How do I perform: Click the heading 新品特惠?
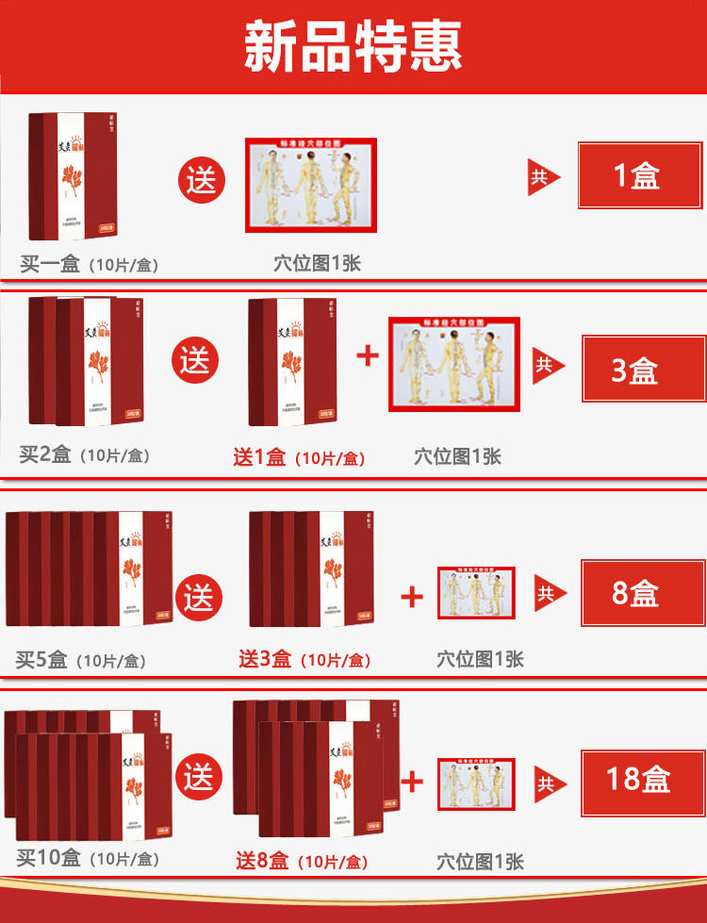click(353, 46)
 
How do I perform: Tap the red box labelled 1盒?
click(638, 176)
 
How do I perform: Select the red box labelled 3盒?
click(643, 369)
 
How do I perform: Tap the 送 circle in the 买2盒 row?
click(195, 360)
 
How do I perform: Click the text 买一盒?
click(50, 263)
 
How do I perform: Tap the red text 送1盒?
click(259, 457)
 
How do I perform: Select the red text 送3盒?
click(265, 658)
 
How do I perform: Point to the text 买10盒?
click(50, 858)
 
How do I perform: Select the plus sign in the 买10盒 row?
click(412, 781)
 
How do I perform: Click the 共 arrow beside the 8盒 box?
click(549, 593)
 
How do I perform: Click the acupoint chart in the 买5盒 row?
click(475, 593)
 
